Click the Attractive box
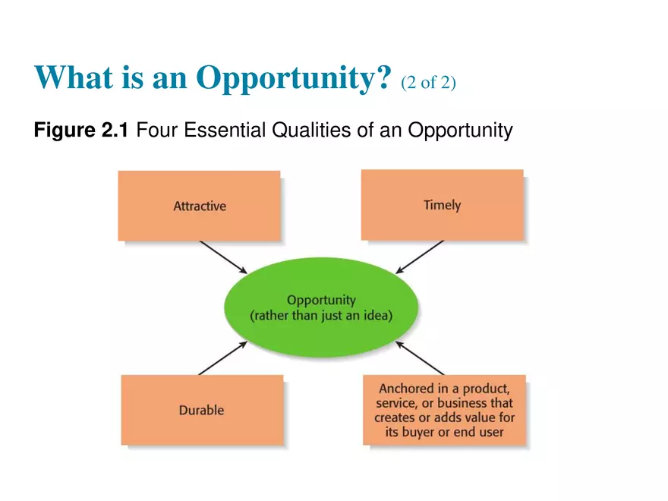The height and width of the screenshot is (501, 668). tap(199, 206)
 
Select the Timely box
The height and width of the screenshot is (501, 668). tap(443, 205)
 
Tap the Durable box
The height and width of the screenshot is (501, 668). tap(202, 410)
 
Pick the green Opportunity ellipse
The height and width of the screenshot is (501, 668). tap(321, 307)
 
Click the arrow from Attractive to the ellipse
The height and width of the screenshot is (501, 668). tap(223, 257)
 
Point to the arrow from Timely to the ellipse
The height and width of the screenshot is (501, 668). tap(420, 257)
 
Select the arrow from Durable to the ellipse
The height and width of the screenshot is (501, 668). tap(223, 358)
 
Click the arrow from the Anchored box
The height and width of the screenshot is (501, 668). tap(420, 358)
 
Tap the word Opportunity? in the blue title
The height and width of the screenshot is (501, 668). tap(294, 78)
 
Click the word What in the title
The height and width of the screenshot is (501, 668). tap(74, 77)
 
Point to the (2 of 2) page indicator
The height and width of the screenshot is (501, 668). tap(428, 82)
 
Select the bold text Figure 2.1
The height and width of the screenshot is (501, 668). tap(81, 130)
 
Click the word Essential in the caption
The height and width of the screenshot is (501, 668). tap(225, 130)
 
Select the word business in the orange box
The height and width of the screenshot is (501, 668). tap(462, 403)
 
